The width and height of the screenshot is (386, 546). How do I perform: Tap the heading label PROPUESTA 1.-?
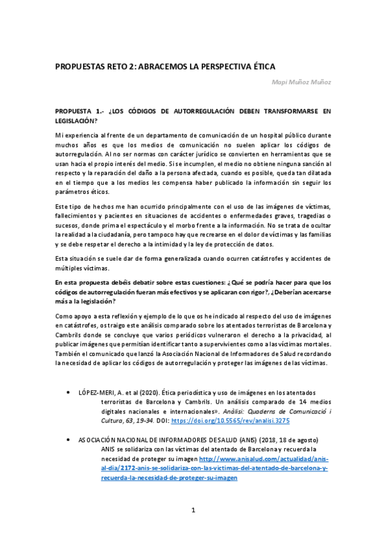click(x=79, y=111)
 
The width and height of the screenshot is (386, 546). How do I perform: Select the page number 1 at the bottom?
click(x=193, y=511)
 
